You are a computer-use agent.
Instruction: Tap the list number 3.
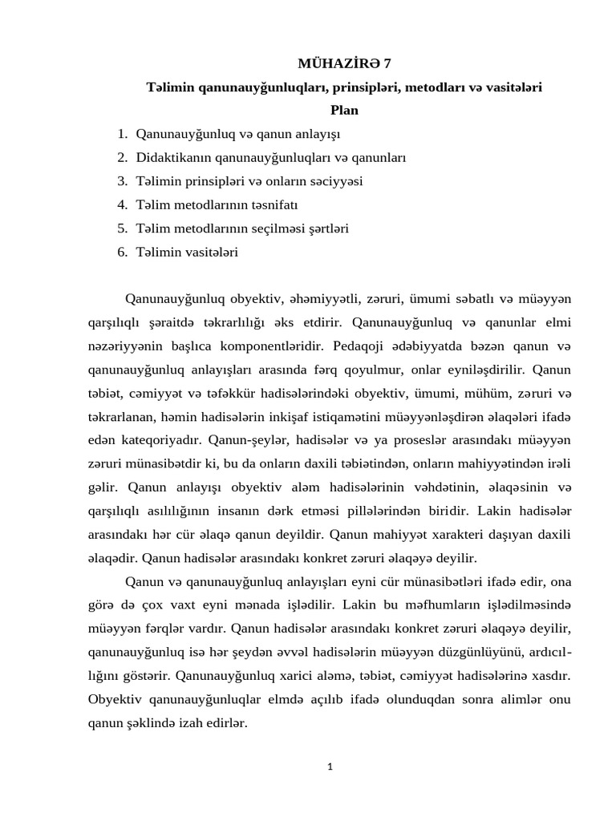(x=122, y=181)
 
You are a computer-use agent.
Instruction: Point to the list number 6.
(x=122, y=252)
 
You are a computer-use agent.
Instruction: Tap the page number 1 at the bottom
(x=330, y=766)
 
